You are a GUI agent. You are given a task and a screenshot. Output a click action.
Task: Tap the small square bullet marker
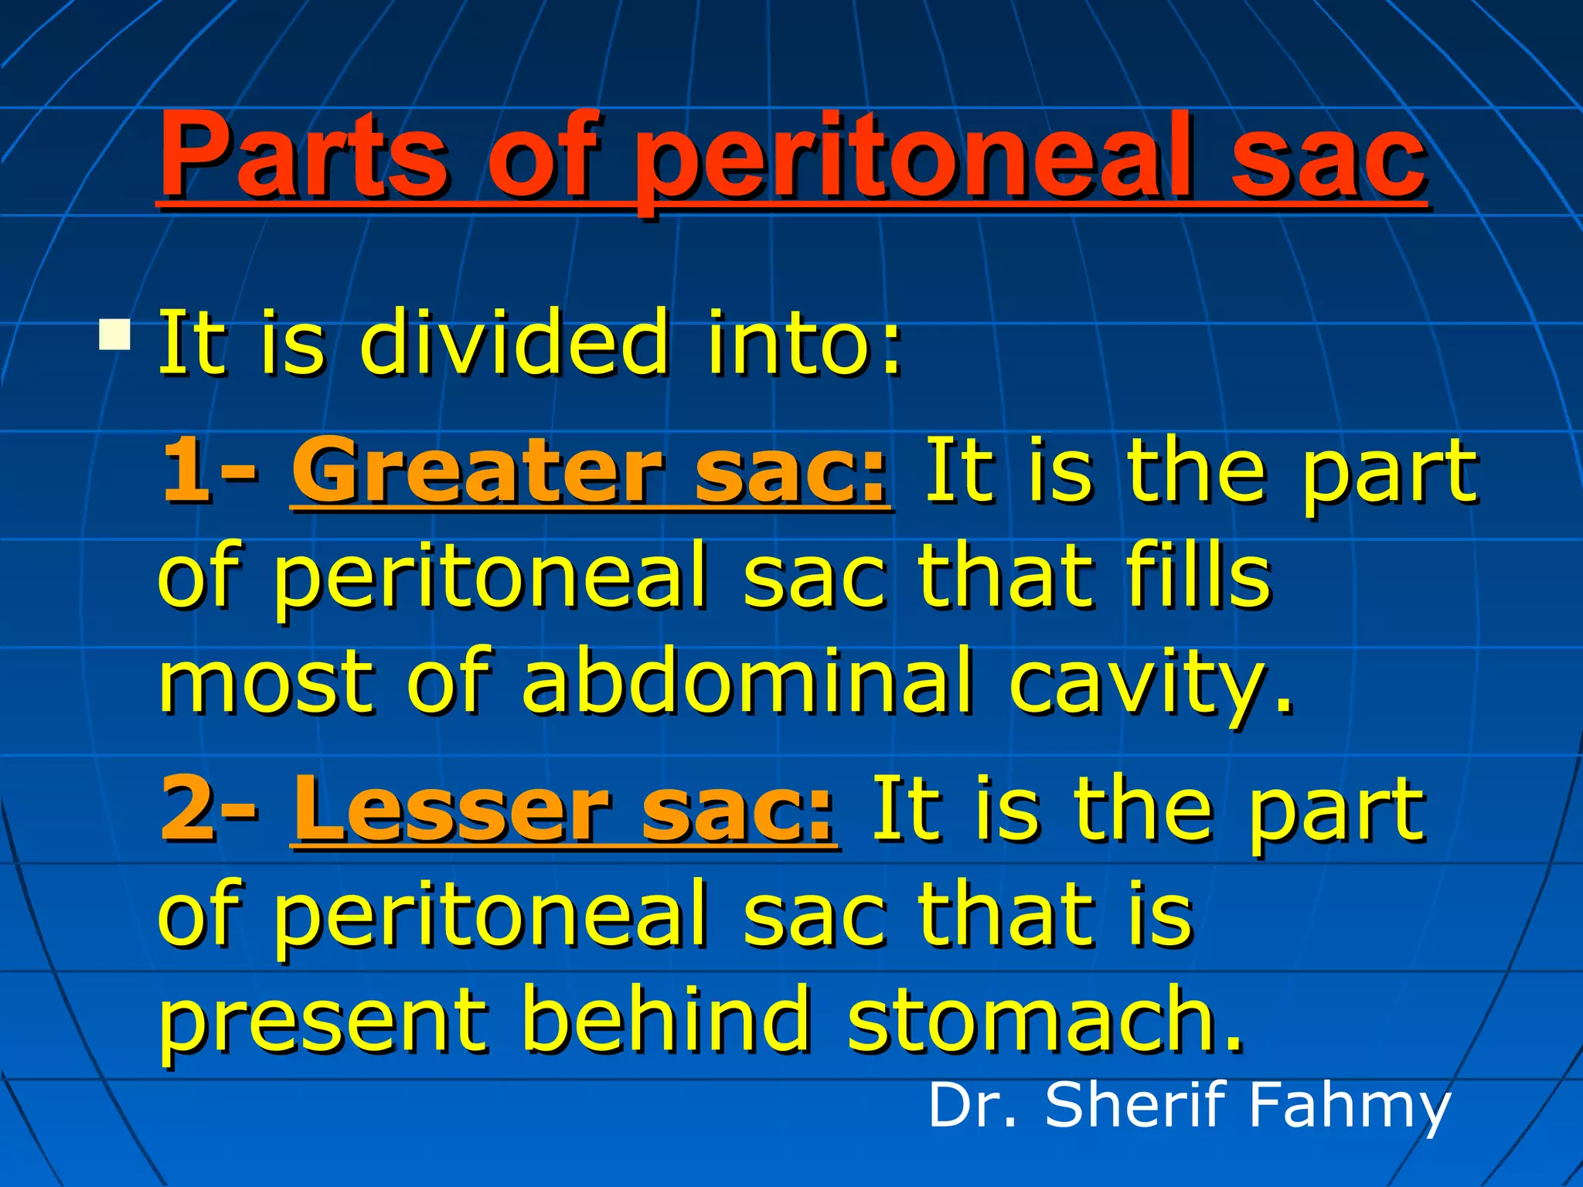pyautogui.click(x=114, y=335)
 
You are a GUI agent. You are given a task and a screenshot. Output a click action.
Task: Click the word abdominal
pyautogui.click(x=745, y=680)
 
